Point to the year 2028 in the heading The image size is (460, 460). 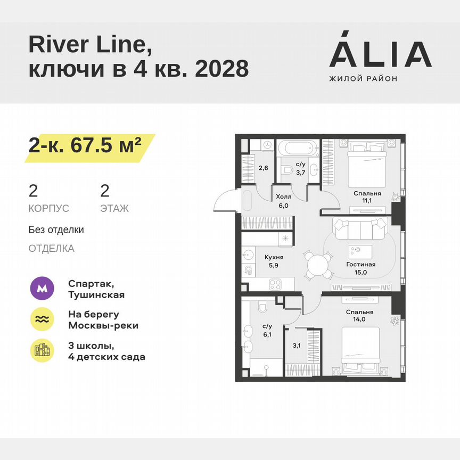222,68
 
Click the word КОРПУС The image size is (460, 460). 49,209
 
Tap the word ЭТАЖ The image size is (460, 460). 114,209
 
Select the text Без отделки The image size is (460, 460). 56,230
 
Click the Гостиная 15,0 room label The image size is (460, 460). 361,268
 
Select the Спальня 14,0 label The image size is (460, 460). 360,316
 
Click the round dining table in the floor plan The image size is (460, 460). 317,264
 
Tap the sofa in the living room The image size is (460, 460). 360,229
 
